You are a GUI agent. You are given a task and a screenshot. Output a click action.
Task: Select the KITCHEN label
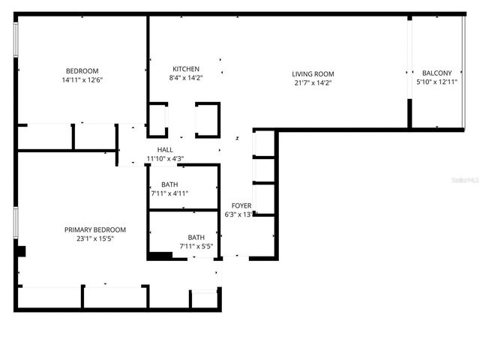pyautogui.click(x=185, y=69)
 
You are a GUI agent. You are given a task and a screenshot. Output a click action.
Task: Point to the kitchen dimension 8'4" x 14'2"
pyautogui.click(x=185, y=78)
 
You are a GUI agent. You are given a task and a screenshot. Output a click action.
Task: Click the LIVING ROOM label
pyautogui.click(x=313, y=73)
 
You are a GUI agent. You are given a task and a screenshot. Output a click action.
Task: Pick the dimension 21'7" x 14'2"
pyautogui.click(x=313, y=82)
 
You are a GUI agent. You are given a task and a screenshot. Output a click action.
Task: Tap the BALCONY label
pyautogui.click(x=437, y=73)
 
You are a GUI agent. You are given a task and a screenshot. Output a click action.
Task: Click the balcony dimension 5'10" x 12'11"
pyautogui.click(x=437, y=82)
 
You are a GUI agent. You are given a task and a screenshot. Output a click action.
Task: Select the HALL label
pyautogui.click(x=165, y=149)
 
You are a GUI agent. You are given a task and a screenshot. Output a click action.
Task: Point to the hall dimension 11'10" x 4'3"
pyautogui.click(x=165, y=158)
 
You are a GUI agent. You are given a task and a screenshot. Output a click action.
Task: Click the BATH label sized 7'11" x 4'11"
pyautogui.click(x=169, y=184)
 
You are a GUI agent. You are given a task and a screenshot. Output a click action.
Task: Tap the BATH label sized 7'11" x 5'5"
pyautogui.click(x=196, y=237)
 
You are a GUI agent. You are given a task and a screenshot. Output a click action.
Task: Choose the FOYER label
pyautogui.click(x=241, y=205)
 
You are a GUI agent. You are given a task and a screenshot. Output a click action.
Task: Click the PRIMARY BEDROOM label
pyautogui.click(x=94, y=229)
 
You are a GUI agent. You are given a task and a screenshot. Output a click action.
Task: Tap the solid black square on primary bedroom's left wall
pyautogui.click(x=22, y=252)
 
